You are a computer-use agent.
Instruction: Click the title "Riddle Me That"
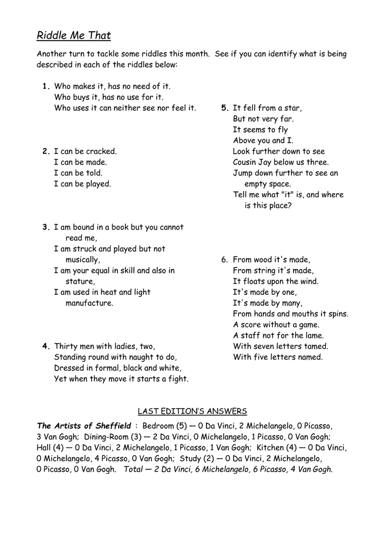coord(73,36)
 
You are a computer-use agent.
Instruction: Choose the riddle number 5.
coord(224,108)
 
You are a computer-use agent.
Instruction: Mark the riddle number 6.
coord(224,260)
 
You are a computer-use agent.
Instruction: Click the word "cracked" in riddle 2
coord(101,152)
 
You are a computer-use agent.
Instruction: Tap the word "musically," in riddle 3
coord(83,260)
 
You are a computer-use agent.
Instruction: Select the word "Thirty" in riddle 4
coord(67,346)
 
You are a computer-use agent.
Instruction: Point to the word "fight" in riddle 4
coord(177,379)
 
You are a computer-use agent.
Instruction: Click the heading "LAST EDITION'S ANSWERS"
coord(192,411)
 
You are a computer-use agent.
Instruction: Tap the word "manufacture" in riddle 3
coord(89,303)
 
